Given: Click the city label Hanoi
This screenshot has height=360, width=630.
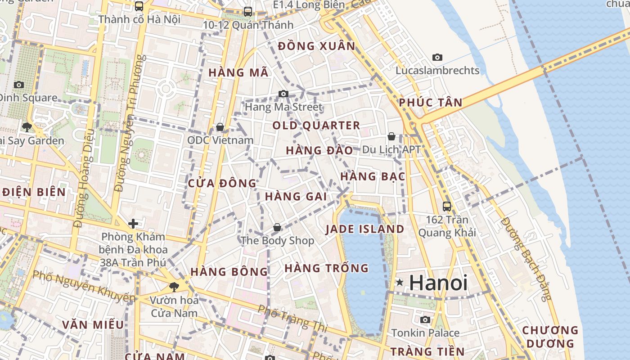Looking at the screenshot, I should tap(438, 283).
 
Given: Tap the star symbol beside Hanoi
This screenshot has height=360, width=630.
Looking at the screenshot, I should tap(400, 283).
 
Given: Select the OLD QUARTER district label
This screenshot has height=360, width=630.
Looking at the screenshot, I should tap(316, 126).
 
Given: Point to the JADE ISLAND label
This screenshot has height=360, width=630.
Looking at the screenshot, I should tap(365, 229).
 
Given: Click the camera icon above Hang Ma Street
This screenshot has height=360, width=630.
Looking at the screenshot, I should tap(283, 94).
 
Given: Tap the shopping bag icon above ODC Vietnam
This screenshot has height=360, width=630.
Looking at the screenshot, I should tap(220, 127).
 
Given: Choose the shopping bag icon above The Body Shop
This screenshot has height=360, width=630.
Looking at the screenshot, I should tap(277, 227).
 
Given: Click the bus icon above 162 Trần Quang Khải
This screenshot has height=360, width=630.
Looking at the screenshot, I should tap(447, 206).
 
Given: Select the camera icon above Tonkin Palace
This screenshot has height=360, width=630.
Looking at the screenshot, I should tap(425, 320).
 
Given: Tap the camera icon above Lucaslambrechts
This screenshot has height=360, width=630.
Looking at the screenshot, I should tap(437, 57).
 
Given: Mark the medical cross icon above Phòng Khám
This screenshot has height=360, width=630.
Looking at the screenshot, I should tap(133, 223).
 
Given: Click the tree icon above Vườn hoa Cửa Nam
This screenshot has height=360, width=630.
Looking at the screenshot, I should tap(174, 287).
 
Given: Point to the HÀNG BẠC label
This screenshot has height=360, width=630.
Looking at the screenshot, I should tap(373, 177).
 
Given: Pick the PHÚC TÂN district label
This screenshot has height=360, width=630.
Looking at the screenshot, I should tap(431, 103).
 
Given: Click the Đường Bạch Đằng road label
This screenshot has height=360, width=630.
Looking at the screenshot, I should tap(526, 259).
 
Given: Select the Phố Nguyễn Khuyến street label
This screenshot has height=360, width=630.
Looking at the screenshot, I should tap(84, 285).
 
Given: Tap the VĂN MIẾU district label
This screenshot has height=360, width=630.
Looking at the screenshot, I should tap(93, 325).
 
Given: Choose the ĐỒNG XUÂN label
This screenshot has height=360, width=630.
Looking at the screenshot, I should tap(317, 46).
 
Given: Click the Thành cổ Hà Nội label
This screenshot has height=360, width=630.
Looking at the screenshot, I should tap(139, 19).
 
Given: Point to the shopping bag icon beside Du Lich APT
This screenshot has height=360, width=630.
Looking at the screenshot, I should tap(391, 136).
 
